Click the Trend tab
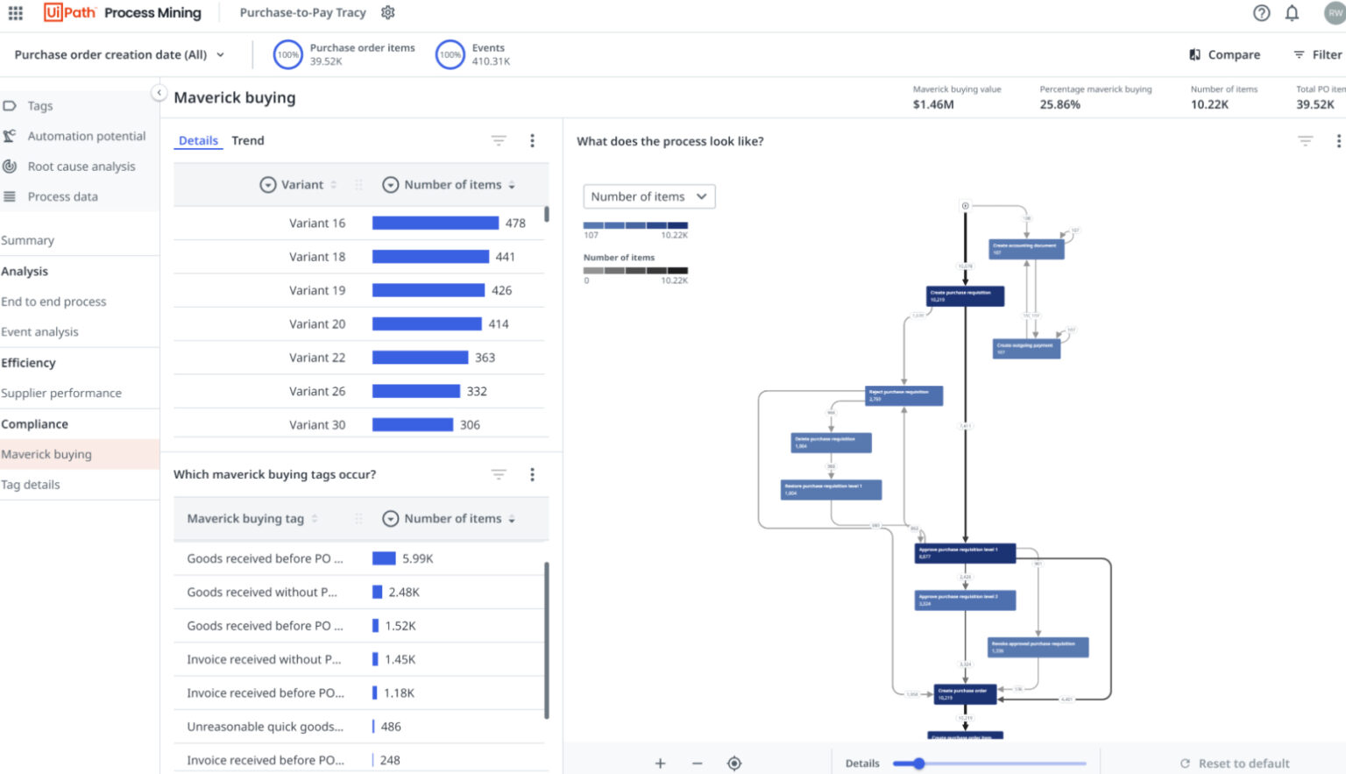point(247,140)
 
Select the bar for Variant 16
point(435,224)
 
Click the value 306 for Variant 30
point(470,425)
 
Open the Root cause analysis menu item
point(81,167)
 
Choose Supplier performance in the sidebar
point(61,394)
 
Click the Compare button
point(1224,54)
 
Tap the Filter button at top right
point(1317,54)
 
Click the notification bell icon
point(1292,13)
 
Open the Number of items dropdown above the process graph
point(648,196)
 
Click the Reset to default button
point(1235,763)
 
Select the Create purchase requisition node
point(965,295)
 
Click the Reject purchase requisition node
point(903,395)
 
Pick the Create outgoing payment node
point(1026,349)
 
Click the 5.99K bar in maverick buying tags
point(384,558)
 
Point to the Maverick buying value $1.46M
point(933,104)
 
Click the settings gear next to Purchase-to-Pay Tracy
point(388,12)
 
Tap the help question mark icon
point(1261,13)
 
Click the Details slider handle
point(918,763)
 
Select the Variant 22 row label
point(317,358)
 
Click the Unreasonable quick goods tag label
point(265,727)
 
